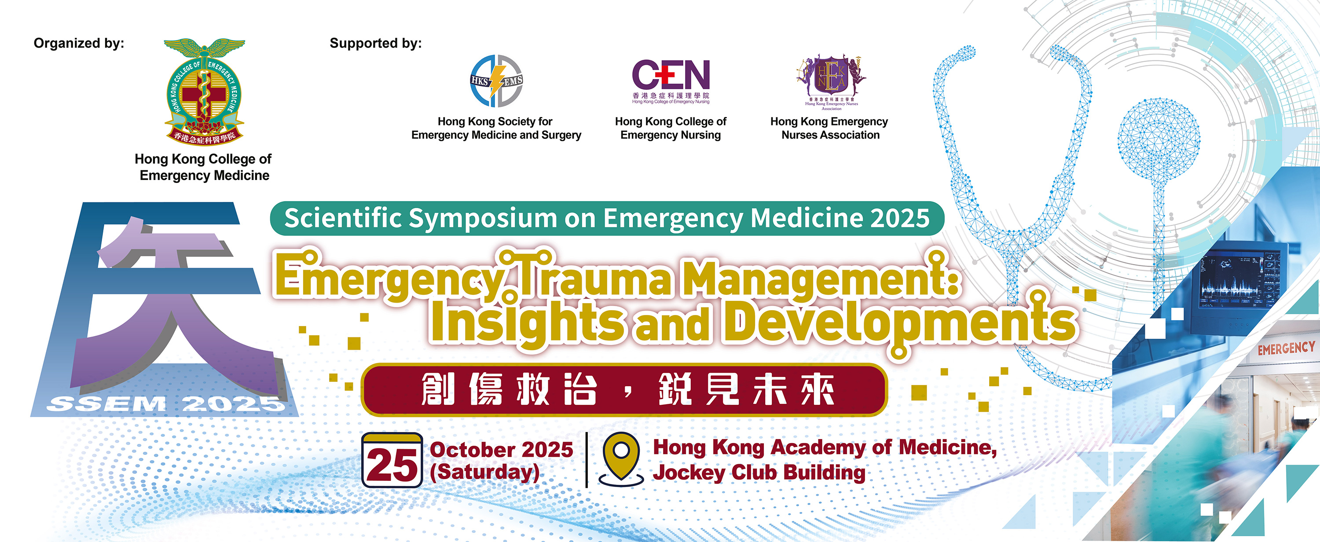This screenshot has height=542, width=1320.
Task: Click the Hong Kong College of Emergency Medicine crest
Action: pyautogui.click(x=205, y=91)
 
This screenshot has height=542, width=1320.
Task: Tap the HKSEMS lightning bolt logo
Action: pyautogui.click(x=496, y=81)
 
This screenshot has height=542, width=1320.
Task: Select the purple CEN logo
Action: pyautogui.click(x=671, y=81)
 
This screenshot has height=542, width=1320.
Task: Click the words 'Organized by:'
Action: pyautogui.click(x=79, y=43)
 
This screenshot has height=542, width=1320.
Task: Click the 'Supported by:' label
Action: pyautogui.click(x=376, y=43)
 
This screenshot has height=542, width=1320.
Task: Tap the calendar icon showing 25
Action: pyautogui.click(x=392, y=460)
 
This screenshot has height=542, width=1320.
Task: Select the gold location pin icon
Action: pyautogui.click(x=621, y=458)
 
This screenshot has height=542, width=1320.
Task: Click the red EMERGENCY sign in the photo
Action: pyautogui.click(x=1286, y=348)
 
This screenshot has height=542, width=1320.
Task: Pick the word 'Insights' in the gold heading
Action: pyautogui.click(x=528, y=322)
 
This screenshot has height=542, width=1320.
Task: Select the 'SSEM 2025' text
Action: pyautogui.click(x=165, y=404)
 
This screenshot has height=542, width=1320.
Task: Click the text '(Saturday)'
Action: pyautogui.click(x=485, y=472)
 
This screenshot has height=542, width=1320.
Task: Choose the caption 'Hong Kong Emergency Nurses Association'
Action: pyautogui.click(x=829, y=128)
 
